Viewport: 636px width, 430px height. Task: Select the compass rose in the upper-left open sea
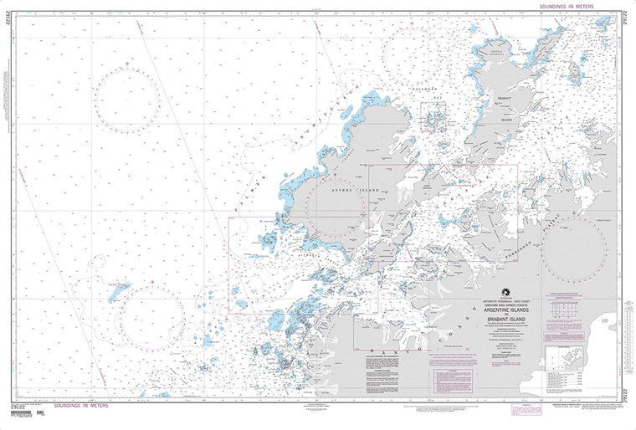click(x=127, y=99)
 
